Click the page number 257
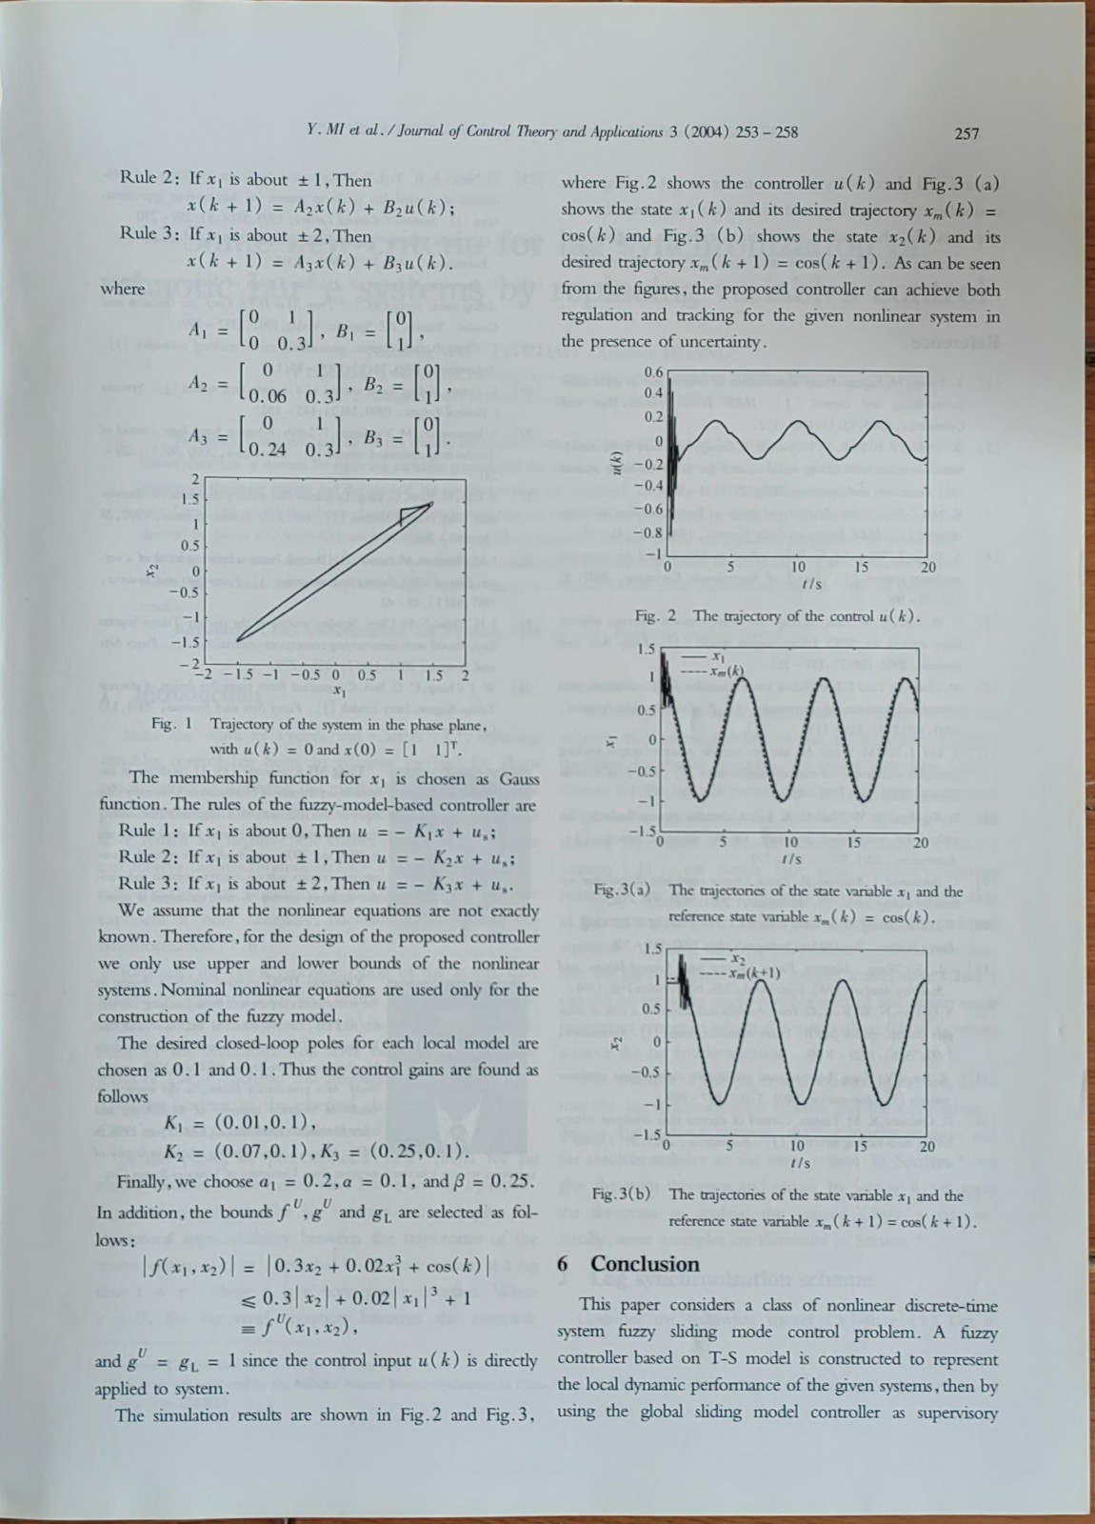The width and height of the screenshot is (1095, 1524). [966, 133]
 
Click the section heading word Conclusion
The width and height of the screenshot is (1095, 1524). [645, 1264]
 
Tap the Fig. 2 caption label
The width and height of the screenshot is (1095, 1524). [655, 616]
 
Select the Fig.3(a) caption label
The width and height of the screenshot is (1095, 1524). [622, 892]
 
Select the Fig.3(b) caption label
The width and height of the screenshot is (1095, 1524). [622, 1194]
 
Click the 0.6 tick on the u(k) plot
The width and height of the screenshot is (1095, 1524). [653, 371]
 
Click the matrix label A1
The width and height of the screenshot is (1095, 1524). [198, 331]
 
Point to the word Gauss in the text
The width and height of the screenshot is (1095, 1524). [519, 778]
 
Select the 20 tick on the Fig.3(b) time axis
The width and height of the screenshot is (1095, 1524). [926, 1146]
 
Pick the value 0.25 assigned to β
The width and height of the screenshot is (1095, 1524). [512, 1182]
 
